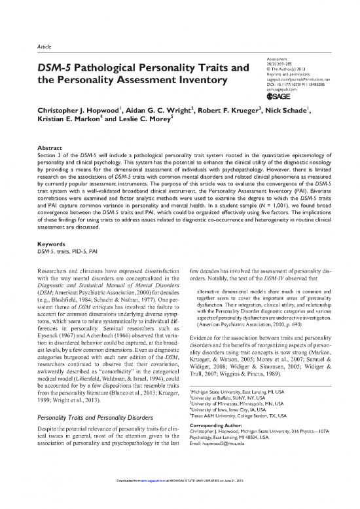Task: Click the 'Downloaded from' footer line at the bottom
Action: click(180, 502)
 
